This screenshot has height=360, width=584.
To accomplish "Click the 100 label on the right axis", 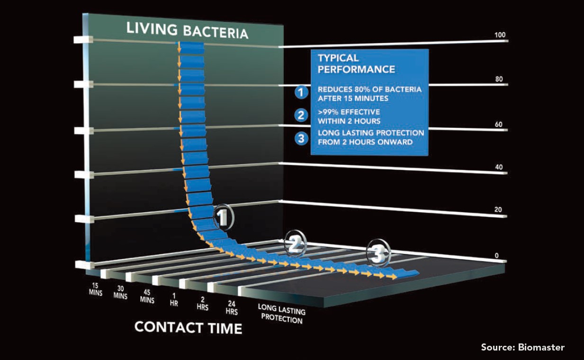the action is tap(500, 35).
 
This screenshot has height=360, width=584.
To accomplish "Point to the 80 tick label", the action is tap(499, 79).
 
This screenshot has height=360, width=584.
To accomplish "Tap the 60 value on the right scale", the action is tap(498, 125).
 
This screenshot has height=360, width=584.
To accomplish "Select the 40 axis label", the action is tap(499, 167).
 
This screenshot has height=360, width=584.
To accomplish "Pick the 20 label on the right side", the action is tap(498, 209).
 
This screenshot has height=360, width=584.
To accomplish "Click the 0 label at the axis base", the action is tap(497, 255).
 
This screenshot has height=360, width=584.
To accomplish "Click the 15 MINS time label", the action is tap(95, 289).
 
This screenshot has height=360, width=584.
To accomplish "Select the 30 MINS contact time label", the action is tap(120, 292).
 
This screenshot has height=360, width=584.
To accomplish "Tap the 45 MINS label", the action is tap(147, 297).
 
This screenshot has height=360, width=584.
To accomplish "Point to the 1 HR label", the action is tap(174, 299).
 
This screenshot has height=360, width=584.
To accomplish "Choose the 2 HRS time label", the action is tap(203, 304).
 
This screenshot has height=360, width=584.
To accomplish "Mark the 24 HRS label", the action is tap(232, 307).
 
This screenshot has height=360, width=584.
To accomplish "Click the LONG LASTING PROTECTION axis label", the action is tap(282, 314).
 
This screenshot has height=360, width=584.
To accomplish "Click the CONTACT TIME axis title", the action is tap(188, 328).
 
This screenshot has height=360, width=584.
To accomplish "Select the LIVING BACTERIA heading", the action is tap(187, 31).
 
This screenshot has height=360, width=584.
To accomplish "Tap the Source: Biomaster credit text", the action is tap(523, 347).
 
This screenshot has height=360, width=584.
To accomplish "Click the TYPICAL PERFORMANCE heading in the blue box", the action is tap(356, 63).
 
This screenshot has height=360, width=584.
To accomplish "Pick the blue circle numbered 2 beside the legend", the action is tap(301, 115).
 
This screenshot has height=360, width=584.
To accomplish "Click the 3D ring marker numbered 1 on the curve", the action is tap(224, 217).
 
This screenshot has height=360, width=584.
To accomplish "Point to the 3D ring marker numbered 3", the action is tap(378, 253).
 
